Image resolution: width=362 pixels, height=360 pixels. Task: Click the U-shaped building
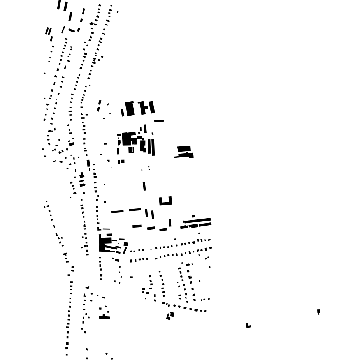[x=165, y=203]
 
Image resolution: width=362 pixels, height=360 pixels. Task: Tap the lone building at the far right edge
[x=318, y=311]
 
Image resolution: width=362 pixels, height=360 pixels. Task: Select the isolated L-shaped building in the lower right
[x=248, y=326]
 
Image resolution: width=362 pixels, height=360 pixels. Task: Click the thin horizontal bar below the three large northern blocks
[x=159, y=121]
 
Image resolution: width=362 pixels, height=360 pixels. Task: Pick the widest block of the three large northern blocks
[x=130, y=109]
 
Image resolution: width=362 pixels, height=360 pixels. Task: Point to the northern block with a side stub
[x=143, y=108]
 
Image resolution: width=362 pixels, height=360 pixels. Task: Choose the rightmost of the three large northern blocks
[x=152, y=107]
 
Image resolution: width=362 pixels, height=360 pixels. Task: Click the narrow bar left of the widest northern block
[x=122, y=113]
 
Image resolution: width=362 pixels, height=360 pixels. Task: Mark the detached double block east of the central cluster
[x=185, y=151]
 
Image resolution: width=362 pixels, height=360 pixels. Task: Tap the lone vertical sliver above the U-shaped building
[x=144, y=186]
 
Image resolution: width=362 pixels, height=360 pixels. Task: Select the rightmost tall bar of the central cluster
[x=153, y=147]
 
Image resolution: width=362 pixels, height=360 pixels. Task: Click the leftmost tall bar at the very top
[x=59, y=5]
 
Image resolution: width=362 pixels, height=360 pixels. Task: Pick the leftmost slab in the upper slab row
[x=117, y=212]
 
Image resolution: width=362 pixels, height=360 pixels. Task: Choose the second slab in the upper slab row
[x=135, y=210]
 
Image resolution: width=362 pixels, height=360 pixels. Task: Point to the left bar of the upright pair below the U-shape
[x=146, y=213]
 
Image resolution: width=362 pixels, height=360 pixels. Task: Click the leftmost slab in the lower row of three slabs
[x=137, y=226]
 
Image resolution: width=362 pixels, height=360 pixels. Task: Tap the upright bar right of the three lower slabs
[x=170, y=222]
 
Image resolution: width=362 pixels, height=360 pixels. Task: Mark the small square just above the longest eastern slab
[x=193, y=216]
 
